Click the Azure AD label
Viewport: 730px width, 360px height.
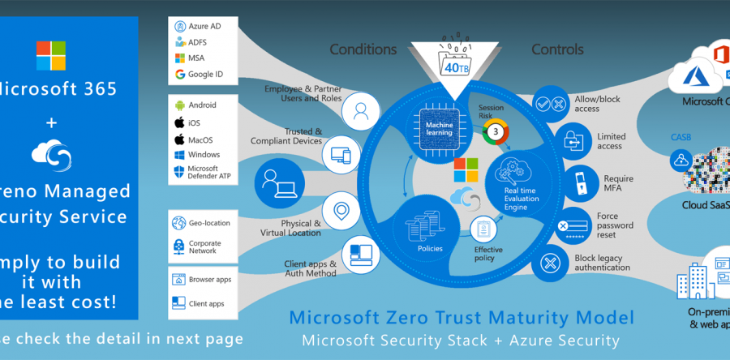pos(204,27)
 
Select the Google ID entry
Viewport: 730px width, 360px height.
pos(206,75)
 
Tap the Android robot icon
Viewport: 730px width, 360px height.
pos(180,105)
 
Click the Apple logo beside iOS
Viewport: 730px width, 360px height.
pos(180,122)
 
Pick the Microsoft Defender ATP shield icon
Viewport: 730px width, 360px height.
pos(180,173)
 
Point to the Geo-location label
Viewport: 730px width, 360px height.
pos(209,223)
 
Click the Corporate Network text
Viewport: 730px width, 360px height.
pos(204,246)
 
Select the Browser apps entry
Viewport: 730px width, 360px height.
pos(210,279)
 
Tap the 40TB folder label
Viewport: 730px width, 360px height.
pos(452,67)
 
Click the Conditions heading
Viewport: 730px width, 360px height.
pos(363,49)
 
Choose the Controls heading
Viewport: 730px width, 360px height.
pos(557,49)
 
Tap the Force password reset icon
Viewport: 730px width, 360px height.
pos(572,222)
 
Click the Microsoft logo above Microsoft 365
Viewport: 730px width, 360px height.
pos(51,57)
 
